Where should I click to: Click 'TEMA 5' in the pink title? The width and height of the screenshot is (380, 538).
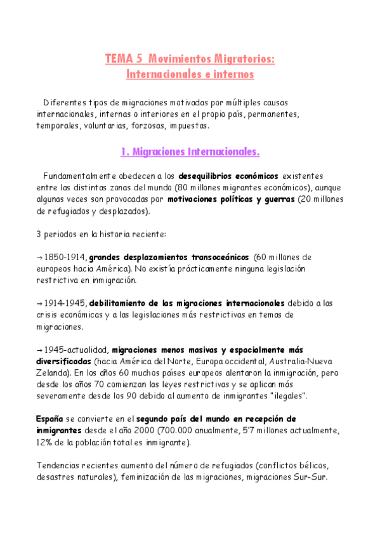124,60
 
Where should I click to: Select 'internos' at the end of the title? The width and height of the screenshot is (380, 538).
232,74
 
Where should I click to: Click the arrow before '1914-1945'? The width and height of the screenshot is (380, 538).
39,303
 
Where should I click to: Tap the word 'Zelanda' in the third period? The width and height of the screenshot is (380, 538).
53,373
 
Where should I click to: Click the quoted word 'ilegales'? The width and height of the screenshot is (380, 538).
287,397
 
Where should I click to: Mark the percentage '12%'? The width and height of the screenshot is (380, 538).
46,443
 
